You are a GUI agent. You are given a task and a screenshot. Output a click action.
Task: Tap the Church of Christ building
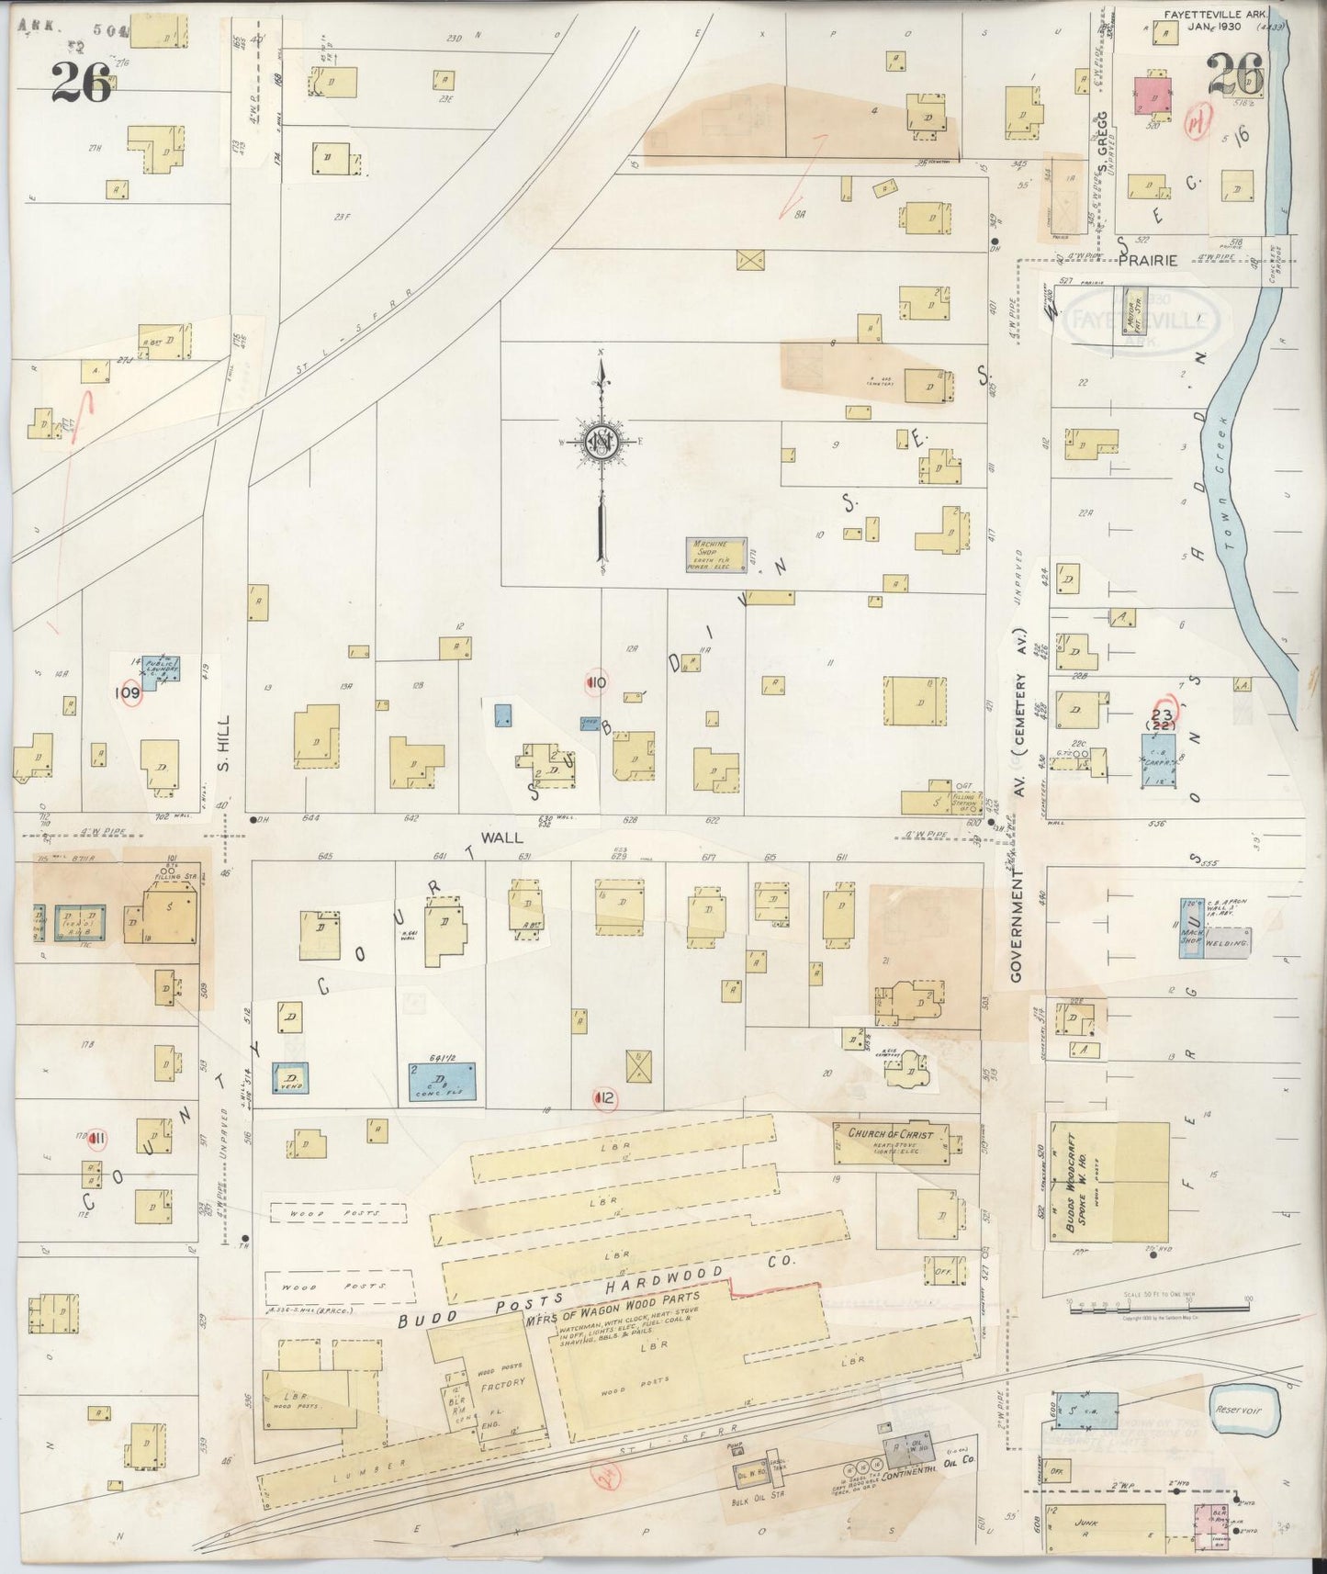[x=891, y=1142]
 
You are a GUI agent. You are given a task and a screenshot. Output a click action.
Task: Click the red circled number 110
[x=596, y=682]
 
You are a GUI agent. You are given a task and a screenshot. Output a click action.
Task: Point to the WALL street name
[x=501, y=837]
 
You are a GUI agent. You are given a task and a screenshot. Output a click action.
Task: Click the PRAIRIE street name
[x=1147, y=261]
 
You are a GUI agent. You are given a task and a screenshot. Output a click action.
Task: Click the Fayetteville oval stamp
[x=1140, y=321]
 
